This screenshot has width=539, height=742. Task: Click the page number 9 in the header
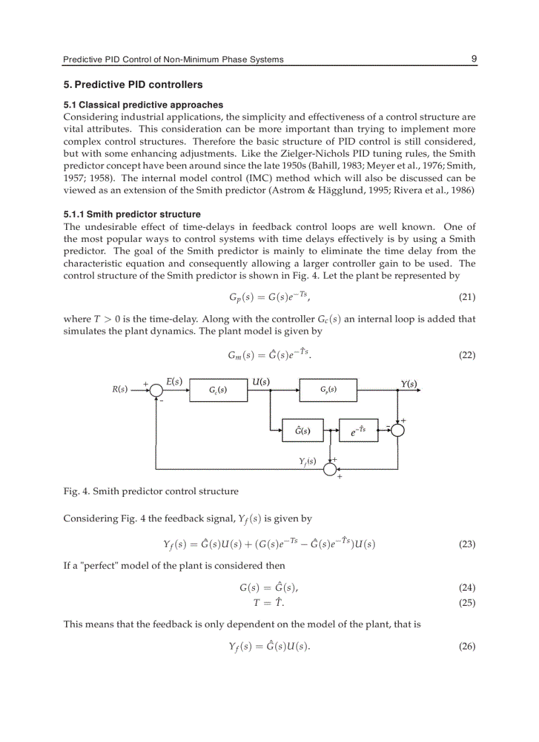(x=474, y=59)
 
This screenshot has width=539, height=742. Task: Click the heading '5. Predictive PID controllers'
(x=133, y=85)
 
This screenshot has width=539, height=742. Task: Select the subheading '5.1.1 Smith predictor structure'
(x=132, y=214)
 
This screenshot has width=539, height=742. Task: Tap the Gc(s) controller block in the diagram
(x=218, y=390)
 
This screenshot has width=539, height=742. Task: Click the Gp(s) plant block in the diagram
(x=328, y=389)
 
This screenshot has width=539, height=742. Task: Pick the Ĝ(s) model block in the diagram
(x=303, y=430)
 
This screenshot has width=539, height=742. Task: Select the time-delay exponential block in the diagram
(x=358, y=430)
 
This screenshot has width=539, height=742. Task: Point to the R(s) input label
(x=120, y=389)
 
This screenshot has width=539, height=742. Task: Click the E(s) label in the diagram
(x=174, y=381)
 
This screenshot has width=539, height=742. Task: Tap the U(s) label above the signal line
(x=261, y=381)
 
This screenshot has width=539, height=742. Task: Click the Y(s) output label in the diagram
(x=409, y=383)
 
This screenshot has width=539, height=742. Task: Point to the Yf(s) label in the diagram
(x=307, y=461)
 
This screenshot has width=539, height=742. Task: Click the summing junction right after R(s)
(x=156, y=390)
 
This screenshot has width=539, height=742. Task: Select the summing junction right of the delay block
(x=398, y=430)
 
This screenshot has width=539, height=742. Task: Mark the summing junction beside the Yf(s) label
(x=330, y=468)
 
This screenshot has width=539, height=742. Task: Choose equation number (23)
(x=466, y=545)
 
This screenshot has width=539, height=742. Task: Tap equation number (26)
(x=466, y=647)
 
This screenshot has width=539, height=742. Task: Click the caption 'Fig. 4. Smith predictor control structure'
(x=151, y=491)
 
